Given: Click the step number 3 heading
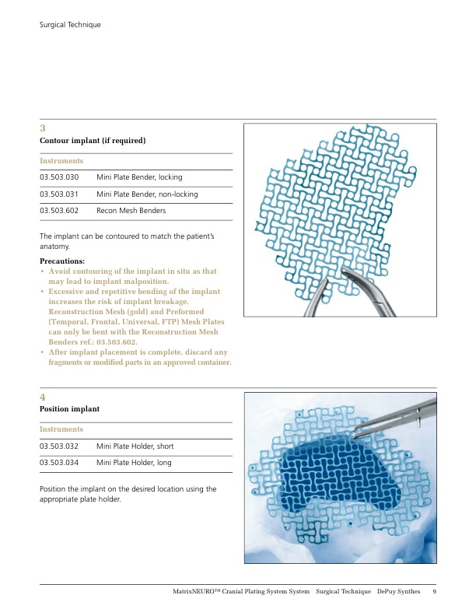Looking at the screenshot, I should point(43,128).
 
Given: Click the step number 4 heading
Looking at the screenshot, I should point(43,396).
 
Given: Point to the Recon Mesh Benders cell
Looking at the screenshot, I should point(131,211).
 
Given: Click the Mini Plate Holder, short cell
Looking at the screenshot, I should point(136,446).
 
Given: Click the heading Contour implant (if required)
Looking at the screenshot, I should point(93,140).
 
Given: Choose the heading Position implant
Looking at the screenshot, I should point(69,408).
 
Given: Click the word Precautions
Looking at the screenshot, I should point(62,261).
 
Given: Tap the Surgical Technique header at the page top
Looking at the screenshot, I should point(70,25).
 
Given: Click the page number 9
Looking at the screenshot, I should point(434,593).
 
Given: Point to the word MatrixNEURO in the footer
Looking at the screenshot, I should point(201,593).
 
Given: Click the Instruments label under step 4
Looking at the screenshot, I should point(61,429).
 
